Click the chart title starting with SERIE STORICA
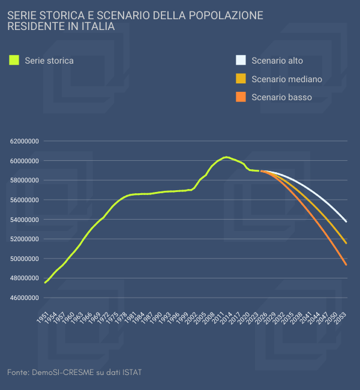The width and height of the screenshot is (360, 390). [x=135, y=21]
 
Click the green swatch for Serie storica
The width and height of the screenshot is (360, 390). [x=14, y=60]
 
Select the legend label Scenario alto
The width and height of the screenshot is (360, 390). [x=277, y=60]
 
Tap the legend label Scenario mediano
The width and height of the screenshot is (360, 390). [x=287, y=79]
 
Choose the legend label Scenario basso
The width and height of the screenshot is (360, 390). [x=281, y=97]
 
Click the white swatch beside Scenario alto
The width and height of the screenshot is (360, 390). [x=241, y=60]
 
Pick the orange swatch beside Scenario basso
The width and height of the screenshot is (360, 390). [x=241, y=97]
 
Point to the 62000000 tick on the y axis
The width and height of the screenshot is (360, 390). [x=25, y=142]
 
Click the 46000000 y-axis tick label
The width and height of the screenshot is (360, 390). [x=25, y=298]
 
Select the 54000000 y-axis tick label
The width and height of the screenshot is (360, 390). [x=25, y=220]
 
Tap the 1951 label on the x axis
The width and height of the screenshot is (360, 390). [x=43, y=319]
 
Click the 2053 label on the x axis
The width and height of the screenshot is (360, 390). [x=340, y=319]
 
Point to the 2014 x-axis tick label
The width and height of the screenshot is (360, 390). [x=226, y=319]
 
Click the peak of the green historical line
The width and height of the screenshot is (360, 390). [x=226, y=157]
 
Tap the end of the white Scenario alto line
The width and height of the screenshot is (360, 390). [x=346, y=221]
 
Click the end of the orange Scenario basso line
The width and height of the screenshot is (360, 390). [x=346, y=265]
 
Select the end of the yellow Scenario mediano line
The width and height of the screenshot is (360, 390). [x=346, y=243]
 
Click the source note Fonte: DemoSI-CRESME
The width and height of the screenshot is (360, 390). [x=74, y=373]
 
